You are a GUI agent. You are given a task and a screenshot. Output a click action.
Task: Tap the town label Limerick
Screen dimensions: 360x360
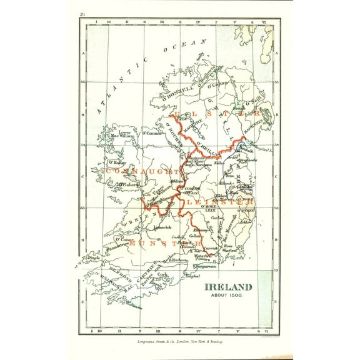154,227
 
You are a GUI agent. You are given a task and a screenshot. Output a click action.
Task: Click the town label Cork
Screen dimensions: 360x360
164,274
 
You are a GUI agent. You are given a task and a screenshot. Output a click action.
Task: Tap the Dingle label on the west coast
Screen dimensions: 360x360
93,254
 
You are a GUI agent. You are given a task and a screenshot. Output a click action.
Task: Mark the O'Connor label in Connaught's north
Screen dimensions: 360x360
150,132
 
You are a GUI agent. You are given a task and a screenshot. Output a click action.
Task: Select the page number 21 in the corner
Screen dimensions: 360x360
82,14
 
